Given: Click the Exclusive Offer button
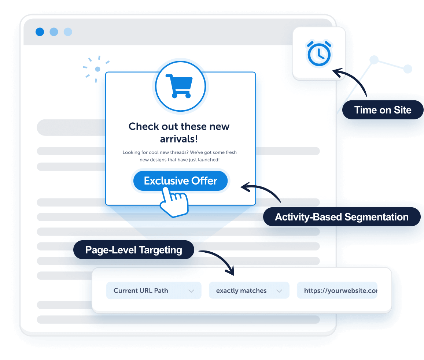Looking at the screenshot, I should point(180,181).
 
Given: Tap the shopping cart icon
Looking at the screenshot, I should point(179,86).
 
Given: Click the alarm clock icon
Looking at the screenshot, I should point(319,54).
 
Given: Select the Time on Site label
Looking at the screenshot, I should point(383,110).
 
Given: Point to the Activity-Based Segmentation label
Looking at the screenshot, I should point(342,217).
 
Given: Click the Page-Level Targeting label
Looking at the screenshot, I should point(133,250).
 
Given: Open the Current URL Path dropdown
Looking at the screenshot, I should point(154,290).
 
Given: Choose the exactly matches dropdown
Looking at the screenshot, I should point(249,290).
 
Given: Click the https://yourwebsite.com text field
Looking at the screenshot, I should point(337,290).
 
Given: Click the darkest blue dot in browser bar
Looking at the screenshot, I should point(40,32).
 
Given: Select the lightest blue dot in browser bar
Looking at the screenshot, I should point(68,32).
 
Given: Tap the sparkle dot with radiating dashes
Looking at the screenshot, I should point(97,69).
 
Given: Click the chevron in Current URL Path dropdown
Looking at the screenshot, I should point(191,291).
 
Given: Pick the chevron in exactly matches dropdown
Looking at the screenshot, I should point(279,291).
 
